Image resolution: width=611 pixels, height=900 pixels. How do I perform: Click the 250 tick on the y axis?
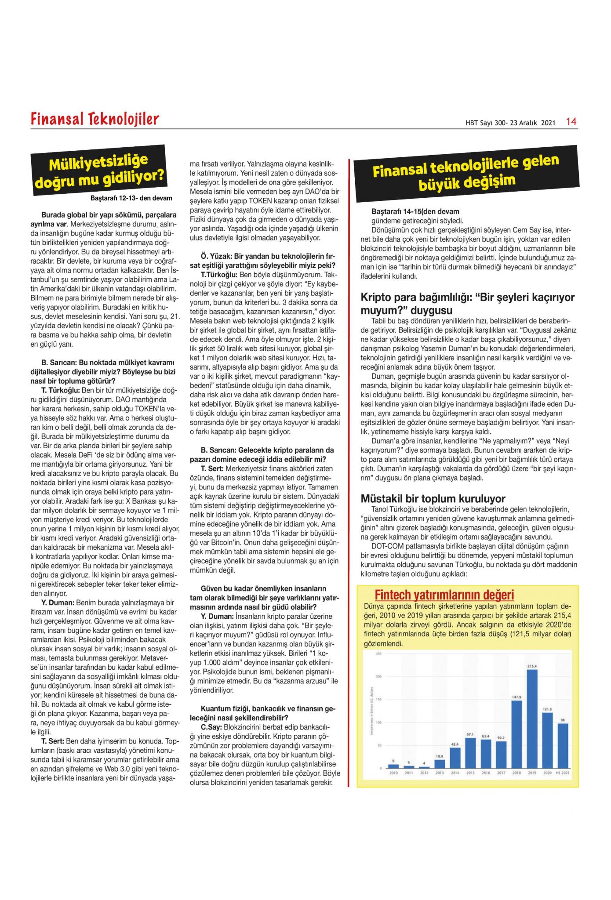(378, 654)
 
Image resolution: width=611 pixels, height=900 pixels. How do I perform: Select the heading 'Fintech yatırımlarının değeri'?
(444, 595)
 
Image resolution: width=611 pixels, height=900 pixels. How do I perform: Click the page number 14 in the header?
(571, 122)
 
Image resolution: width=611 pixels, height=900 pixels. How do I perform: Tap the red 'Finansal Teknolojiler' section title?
(95, 119)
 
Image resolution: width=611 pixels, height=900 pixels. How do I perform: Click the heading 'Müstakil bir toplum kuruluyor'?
(433, 498)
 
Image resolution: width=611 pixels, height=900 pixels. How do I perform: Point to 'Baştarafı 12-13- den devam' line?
(131, 199)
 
